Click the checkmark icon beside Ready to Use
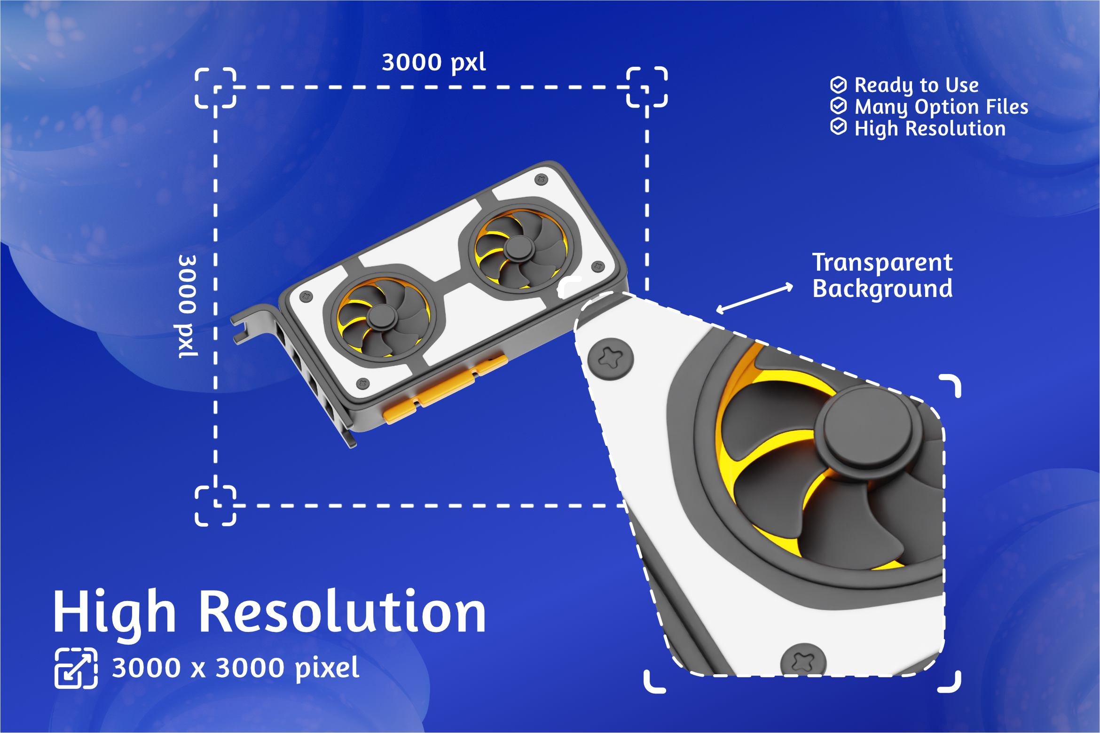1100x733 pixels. click(x=839, y=85)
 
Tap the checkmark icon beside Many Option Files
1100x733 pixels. click(x=839, y=106)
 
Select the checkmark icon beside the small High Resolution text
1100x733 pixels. click(x=839, y=127)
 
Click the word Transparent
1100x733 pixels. click(x=882, y=263)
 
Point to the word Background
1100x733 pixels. click(x=883, y=289)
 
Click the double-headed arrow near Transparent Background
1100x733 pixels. click(x=754, y=298)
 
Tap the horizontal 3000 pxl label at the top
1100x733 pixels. click(x=433, y=63)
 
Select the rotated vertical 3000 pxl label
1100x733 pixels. click(x=188, y=306)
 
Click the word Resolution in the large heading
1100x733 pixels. click(x=343, y=612)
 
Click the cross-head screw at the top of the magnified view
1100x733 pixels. click(x=611, y=359)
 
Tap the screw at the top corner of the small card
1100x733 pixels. click(x=542, y=179)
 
